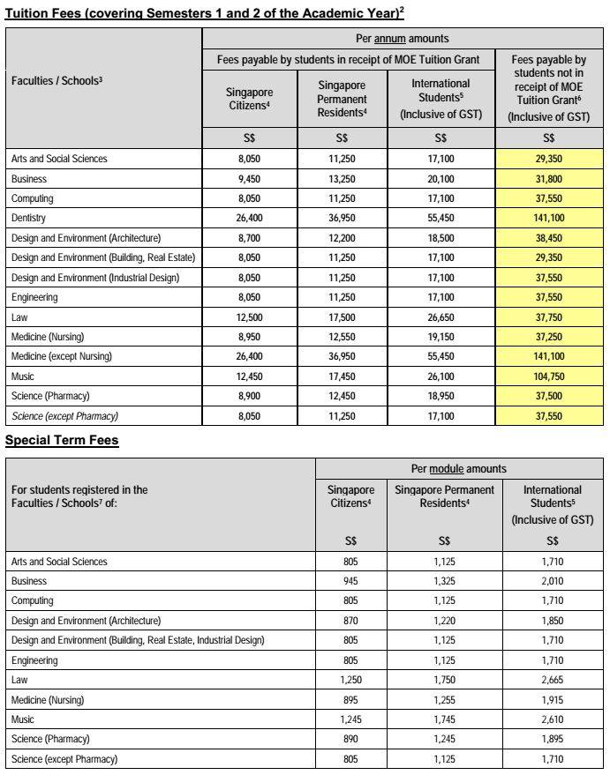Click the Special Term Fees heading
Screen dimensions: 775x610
[62, 440]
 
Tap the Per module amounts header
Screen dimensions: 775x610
[459, 468]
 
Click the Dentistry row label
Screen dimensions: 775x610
[28, 218]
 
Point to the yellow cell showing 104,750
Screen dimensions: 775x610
[549, 376]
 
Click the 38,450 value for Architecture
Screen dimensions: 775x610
[549, 238]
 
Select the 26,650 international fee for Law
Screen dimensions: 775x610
[441, 317]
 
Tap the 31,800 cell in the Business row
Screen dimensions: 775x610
[549, 178]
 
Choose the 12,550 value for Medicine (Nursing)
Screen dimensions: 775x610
[342, 337]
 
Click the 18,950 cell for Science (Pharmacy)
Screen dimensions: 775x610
[441, 397]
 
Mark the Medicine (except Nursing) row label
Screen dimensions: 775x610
[62, 357]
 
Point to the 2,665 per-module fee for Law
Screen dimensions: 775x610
[553, 680]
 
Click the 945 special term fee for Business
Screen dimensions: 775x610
[350, 581]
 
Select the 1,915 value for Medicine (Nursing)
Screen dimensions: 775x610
[553, 699]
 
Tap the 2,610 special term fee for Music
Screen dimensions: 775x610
[553, 719]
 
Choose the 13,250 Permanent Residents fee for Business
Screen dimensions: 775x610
[342, 178]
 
